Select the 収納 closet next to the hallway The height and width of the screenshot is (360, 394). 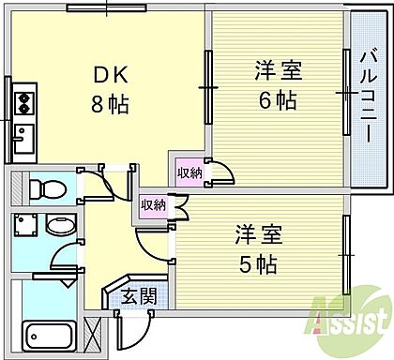153,204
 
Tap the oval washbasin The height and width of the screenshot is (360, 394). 59,228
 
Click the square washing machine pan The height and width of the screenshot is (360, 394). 24,226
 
